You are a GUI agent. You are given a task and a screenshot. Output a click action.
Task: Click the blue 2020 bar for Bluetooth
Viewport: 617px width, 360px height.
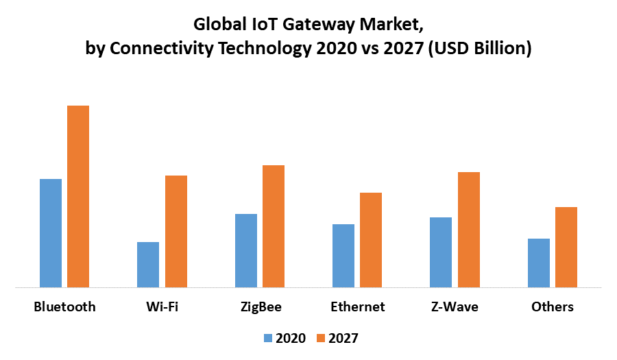coord(51,233)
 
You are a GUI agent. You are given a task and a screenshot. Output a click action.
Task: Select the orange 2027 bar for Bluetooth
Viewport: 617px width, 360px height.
coord(78,196)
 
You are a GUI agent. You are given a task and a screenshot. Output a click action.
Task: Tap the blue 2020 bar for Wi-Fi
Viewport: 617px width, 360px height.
coord(148,265)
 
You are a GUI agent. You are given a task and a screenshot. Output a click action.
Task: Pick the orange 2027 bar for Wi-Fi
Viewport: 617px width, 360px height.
coord(176,231)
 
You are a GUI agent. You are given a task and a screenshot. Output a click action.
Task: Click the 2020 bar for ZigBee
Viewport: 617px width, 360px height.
coord(246,250)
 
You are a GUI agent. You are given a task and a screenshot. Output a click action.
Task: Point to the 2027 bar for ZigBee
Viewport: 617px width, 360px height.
coord(274,226)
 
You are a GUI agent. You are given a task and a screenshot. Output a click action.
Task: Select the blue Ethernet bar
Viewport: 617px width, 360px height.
coord(343,256)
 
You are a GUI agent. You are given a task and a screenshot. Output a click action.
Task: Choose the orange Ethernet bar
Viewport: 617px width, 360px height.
coord(371,240)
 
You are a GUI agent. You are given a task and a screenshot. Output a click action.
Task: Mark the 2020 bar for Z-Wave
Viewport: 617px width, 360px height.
coord(441,252)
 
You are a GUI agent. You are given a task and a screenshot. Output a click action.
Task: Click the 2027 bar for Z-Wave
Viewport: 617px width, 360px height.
coord(469,230)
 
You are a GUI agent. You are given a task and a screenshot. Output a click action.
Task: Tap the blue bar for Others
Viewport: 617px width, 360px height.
coord(539,263)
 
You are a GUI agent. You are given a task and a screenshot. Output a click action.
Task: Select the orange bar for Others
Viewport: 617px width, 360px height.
coord(566,247)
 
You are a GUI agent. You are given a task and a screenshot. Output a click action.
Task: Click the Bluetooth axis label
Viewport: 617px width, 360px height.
coord(64,307)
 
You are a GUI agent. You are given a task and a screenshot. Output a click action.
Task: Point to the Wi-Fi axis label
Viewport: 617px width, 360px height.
coord(162,307)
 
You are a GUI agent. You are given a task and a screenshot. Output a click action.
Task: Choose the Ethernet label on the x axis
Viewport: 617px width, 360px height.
coord(357,307)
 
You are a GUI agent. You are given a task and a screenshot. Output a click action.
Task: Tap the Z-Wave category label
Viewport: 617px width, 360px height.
coord(455,307)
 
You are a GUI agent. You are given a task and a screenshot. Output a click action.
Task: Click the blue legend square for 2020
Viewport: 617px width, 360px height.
coord(268,338)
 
